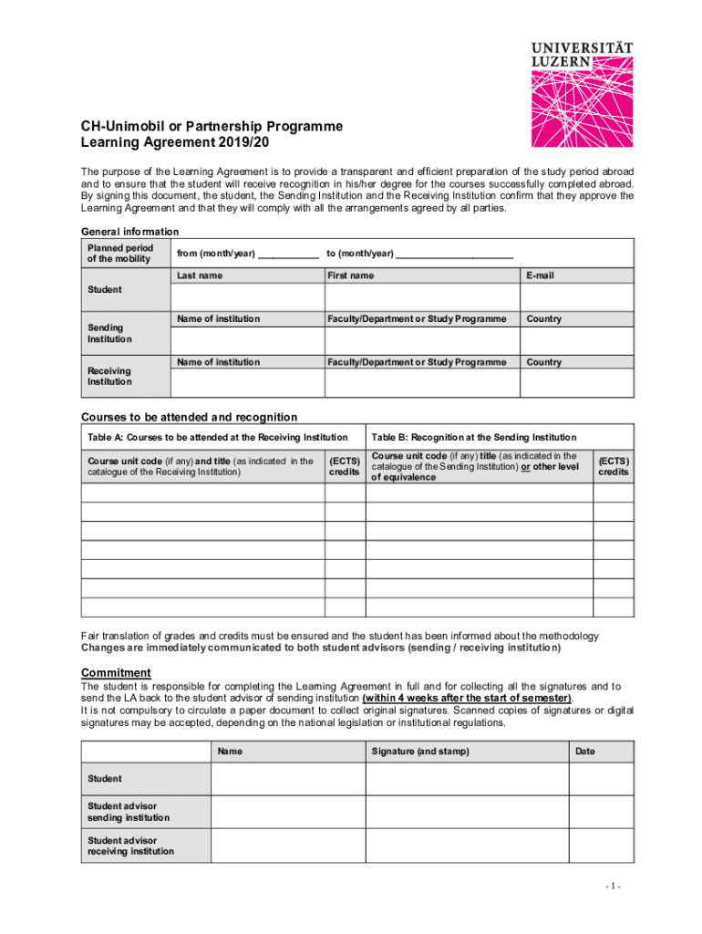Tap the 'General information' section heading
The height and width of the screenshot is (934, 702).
coord(129,232)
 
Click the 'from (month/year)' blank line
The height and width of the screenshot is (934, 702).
coord(288,253)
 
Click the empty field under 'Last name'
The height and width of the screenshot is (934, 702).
coord(247,297)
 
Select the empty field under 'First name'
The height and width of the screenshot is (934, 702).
coord(421,297)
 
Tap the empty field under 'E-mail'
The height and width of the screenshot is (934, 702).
coord(575,297)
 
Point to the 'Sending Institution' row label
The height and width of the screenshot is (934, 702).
coord(109,333)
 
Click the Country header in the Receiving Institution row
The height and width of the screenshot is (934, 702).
coord(543,362)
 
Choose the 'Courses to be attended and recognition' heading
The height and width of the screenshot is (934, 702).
coord(190,417)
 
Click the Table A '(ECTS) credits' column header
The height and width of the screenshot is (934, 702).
coord(345,466)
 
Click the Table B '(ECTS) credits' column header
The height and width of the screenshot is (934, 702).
coord(613,466)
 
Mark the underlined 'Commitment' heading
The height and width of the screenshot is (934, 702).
coord(117,672)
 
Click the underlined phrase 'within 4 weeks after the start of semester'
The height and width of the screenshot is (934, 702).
coord(467,697)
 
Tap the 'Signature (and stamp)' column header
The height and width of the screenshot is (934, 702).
coord(420,751)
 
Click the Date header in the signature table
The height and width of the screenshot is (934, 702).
coord(585,751)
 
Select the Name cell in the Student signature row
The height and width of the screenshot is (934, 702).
coord(288,779)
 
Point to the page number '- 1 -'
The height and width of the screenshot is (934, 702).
coord(612,886)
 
